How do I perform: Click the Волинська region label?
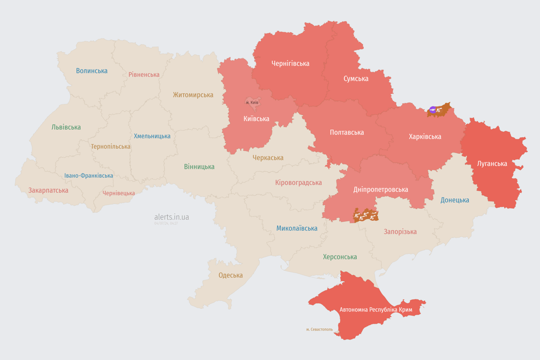pos(92,71)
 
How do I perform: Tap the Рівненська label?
pos(144,75)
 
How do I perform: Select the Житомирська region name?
pos(193,95)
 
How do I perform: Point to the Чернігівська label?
pos(290,63)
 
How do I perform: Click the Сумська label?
pos(356,78)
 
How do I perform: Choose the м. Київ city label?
pos(252,102)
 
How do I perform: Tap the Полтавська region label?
pos(347,132)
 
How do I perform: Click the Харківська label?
pos(425,136)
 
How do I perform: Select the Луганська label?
pos(492,164)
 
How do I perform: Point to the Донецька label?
pos(455,200)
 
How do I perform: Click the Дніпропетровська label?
pos(381,189)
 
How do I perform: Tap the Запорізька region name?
pos(400,232)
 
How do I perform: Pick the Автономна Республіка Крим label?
pos(375,310)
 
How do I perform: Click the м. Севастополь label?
pos(319,330)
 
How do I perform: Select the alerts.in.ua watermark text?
pos(172,217)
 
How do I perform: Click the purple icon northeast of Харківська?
pos(432,110)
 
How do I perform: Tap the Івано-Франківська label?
pos(89,176)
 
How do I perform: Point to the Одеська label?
pos(231,275)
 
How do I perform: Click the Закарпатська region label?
pos(48,190)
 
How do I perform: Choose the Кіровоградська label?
pos(299,182)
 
